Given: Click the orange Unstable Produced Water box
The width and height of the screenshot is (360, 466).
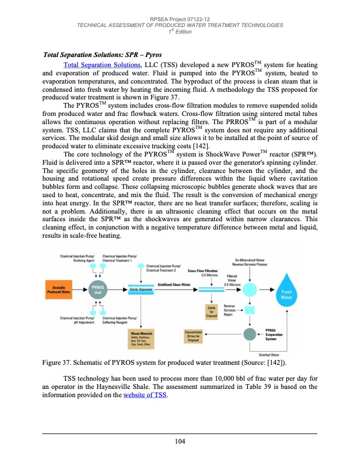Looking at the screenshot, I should pos(58,305).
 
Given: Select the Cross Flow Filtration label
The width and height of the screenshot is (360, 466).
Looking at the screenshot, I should pos(204,287).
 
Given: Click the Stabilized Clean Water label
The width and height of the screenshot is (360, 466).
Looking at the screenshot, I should pos(176,300).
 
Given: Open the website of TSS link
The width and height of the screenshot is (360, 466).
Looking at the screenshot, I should pos(144,395).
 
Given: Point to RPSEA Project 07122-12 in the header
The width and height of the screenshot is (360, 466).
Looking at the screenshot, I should pos(180,18).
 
